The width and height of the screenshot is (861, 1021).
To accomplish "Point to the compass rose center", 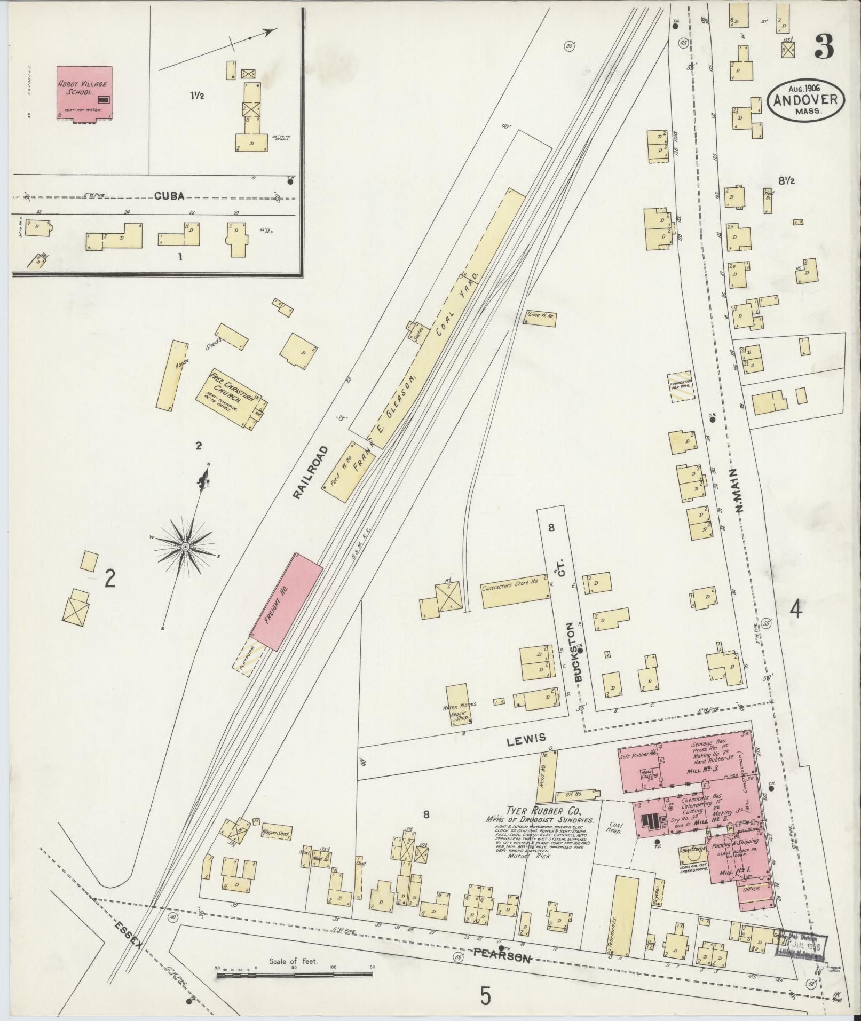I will click(x=185, y=547).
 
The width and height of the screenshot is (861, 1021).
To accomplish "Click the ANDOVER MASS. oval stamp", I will click(x=805, y=100).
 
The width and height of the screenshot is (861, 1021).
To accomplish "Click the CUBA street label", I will click(x=170, y=196).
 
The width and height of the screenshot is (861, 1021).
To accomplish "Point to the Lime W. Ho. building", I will click(x=540, y=315).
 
